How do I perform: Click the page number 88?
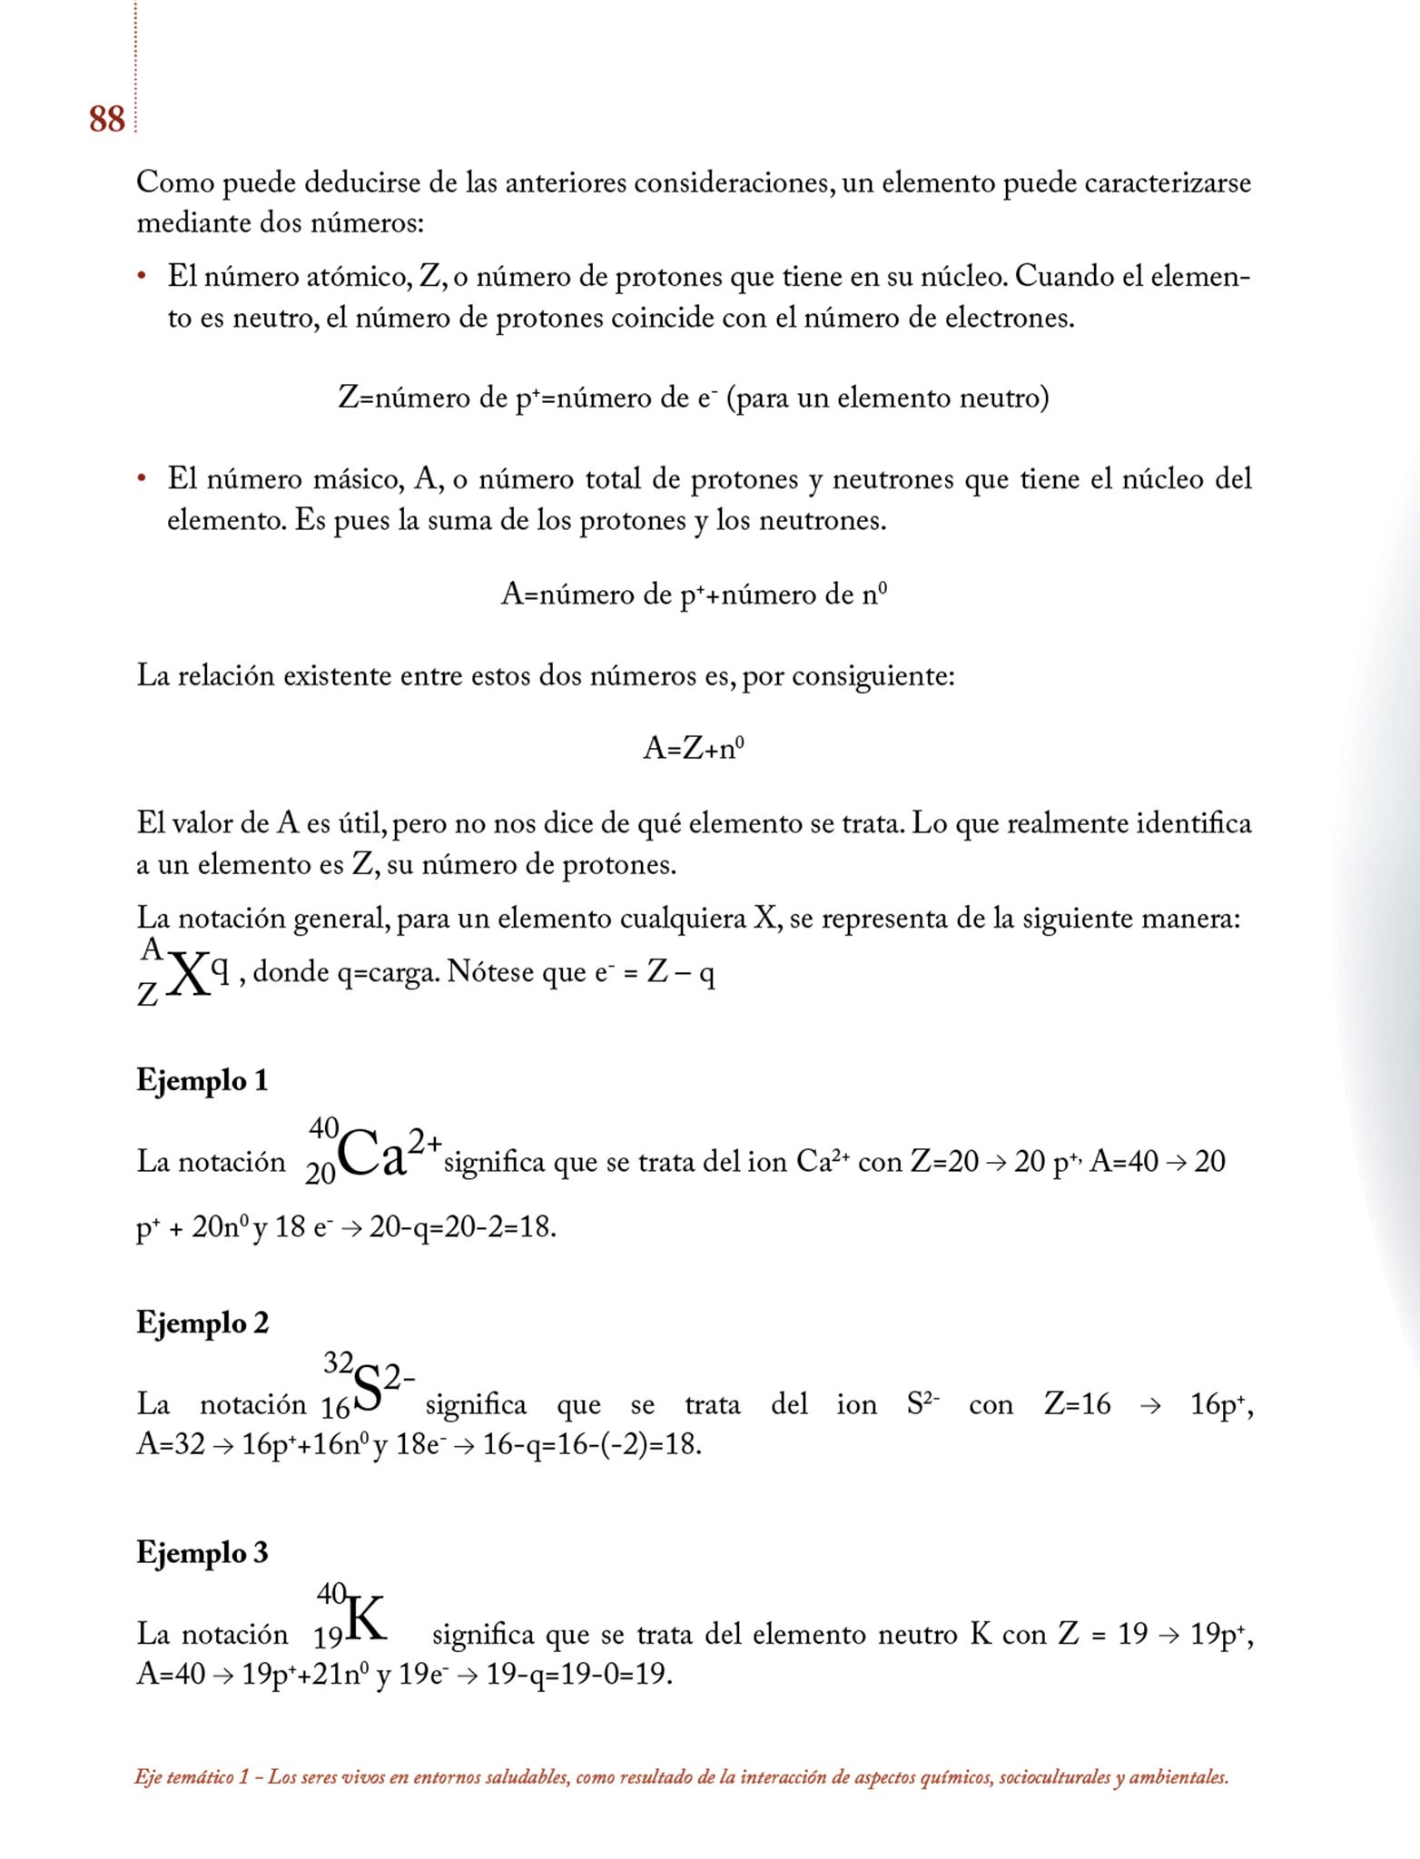coord(106,120)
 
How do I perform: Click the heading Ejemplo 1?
coord(202,1080)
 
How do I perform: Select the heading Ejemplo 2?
coord(202,1323)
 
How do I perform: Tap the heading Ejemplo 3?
coord(202,1552)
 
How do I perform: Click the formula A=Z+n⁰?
coord(694,748)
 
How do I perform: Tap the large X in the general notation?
coord(188,975)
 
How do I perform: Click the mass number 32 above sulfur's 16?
coord(339,1362)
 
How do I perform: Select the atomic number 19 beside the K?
coord(328,1638)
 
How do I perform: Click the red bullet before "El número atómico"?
coord(142,275)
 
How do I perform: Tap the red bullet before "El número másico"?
coord(142,477)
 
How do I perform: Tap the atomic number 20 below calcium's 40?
coord(320,1174)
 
